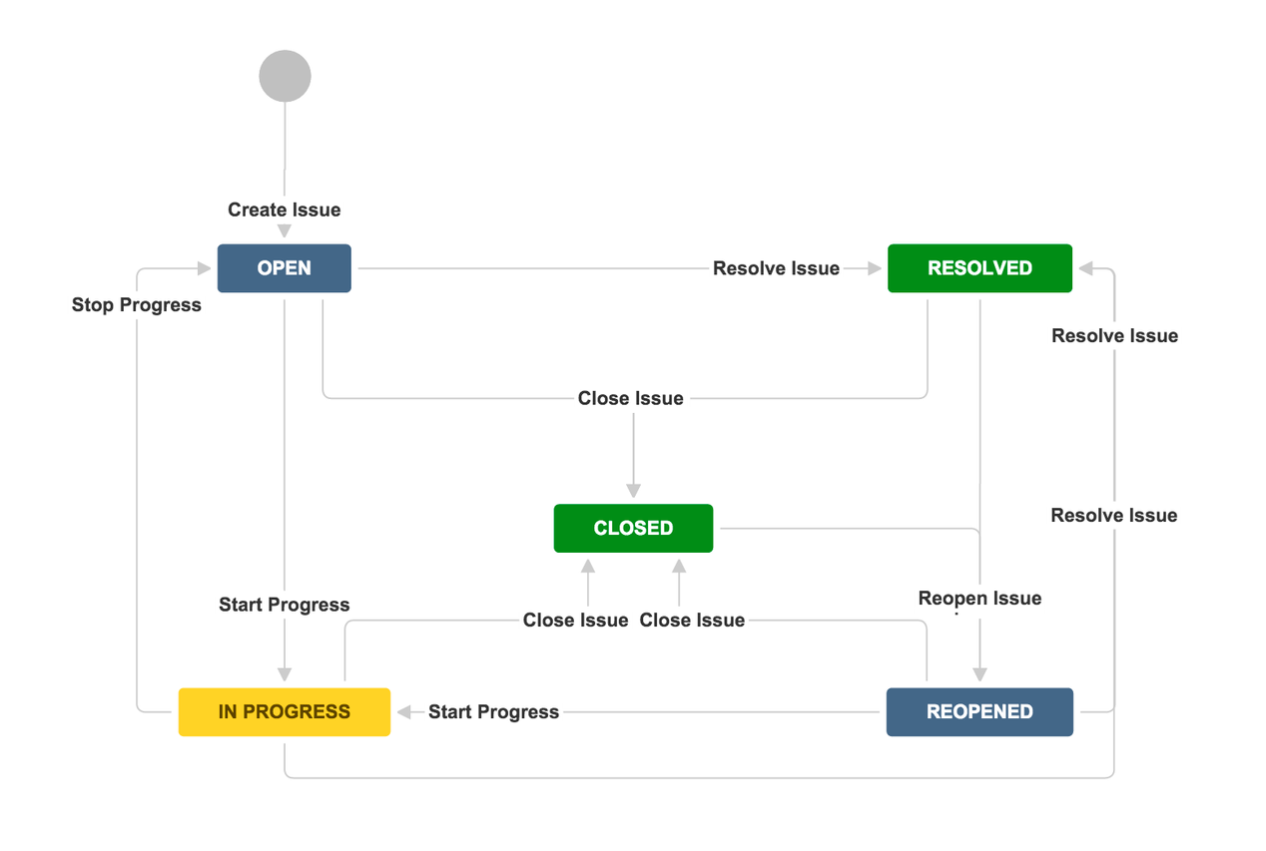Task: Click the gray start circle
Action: pyautogui.click(x=285, y=76)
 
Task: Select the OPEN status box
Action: pyautogui.click(x=285, y=268)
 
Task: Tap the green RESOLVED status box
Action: pyautogui.click(x=979, y=268)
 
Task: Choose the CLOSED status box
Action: pyautogui.click(x=633, y=528)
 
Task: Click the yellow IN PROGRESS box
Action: pyautogui.click(x=285, y=712)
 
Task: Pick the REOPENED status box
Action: pyautogui.click(x=979, y=712)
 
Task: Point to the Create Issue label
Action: pyautogui.click(x=285, y=210)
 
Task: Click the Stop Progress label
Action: pyautogui.click(x=137, y=305)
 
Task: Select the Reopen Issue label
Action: pyautogui.click(x=979, y=599)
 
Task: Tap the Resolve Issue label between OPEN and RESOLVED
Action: pyautogui.click(x=776, y=268)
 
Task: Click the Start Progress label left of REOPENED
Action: pyautogui.click(x=493, y=712)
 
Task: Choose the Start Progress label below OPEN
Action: pyautogui.click(x=285, y=605)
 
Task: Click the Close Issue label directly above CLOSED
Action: pyautogui.click(x=631, y=398)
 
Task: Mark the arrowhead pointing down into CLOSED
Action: pyautogui.click(x=633, y=491)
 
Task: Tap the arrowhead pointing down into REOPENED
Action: pyautogui.click(x=979, y=674)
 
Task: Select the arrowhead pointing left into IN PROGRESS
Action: pyautogui.click(x=404, y=712)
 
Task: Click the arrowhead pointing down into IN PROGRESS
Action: pyautogui.click(x=285, y=674)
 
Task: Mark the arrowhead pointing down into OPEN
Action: pyautogui.click(x=285, y=231)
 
